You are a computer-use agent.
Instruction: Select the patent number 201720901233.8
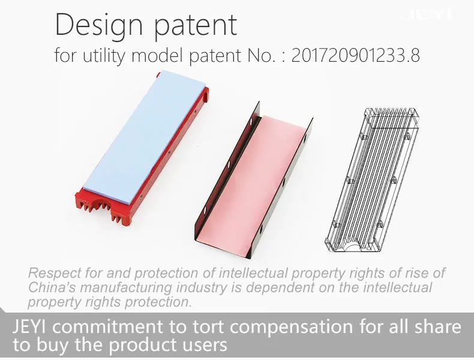point(355,55)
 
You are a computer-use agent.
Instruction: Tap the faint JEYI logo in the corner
point(428,14)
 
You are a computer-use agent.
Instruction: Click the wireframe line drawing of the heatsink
point(371,180)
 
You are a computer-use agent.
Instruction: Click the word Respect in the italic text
point(55,273)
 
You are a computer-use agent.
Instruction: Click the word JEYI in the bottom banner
point(29,326)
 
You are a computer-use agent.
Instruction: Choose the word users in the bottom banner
point(206,345)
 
